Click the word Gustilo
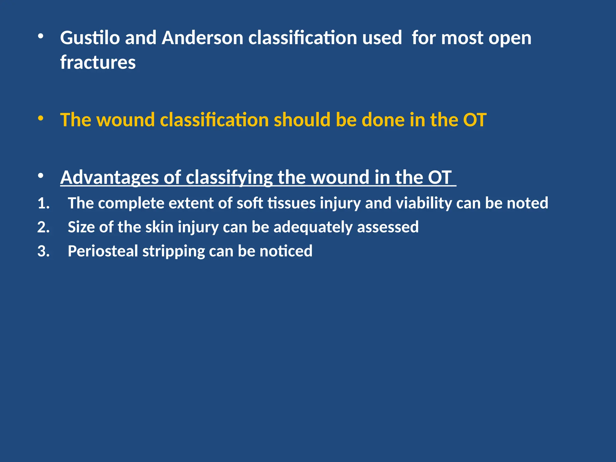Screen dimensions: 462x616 (90, 38)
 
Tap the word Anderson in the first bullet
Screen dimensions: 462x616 (202, 38)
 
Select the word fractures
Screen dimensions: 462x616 (98, 63)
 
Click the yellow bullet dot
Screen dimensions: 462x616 (41, 118)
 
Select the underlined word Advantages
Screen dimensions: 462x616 (109, 177)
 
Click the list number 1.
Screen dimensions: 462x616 (44, 204)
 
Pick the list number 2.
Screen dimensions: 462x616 (44, 227)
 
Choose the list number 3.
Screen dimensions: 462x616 (44, 251)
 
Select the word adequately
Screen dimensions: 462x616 (313, 227)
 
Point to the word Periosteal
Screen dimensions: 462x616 (103, 251)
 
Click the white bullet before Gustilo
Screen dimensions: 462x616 (41, 37)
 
